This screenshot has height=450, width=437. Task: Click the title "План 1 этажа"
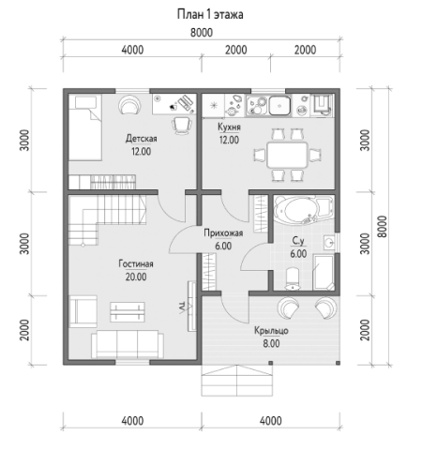[x=210, y=14]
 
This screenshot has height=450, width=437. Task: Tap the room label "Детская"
[x=142, y=139]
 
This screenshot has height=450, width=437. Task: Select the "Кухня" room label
[x=229, y=127]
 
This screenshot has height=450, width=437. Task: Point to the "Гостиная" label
[x=136, y=263]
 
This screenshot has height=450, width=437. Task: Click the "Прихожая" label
[x=223, y=233]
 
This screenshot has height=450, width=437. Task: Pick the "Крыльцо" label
[x=271, y=331]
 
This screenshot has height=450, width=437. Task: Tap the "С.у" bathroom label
[x=298, y=241]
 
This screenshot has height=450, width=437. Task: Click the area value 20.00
[x=136, y=277]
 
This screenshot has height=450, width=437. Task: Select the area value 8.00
[x=271, y=344]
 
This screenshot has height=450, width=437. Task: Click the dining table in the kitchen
[x=288, y=155]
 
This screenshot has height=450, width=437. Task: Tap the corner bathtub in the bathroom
[x=302, y=209]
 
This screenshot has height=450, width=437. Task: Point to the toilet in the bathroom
[x=293, y=278]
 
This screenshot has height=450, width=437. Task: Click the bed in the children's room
[x=85, y=127]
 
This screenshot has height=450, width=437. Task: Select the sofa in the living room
[x=128, y=344]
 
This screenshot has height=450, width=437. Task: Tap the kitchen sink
[x=279, y=105]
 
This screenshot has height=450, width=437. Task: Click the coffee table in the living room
[x=128, y=312]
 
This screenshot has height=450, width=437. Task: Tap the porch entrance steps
[x=237, y=381]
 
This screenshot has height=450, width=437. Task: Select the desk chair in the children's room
[x=182, y=126]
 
